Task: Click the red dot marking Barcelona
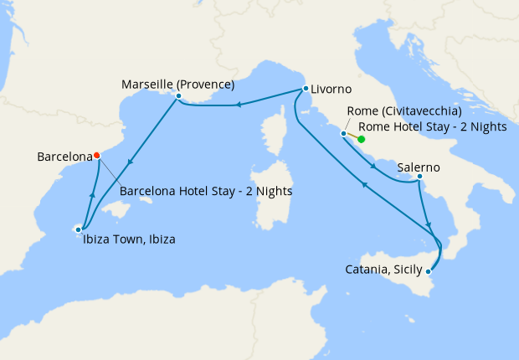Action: tap(97, 155)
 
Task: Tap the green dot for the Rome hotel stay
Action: tap(361, 140)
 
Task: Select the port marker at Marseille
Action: tap(178, 96)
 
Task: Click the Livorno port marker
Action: tap(303, 89)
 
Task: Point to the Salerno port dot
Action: tap(419, 177)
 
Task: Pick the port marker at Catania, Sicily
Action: tap(429, 270)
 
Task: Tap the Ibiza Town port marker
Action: tap(79, 228)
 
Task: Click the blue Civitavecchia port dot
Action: tap(343, 133)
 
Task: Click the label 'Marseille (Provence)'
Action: tap(177, 84)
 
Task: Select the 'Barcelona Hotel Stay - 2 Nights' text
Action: tap(206, 190)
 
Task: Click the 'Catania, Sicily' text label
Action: tap(383, 269)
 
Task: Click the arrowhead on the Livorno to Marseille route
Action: tap(239, 105)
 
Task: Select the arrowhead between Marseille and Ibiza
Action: tap(129, 162)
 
